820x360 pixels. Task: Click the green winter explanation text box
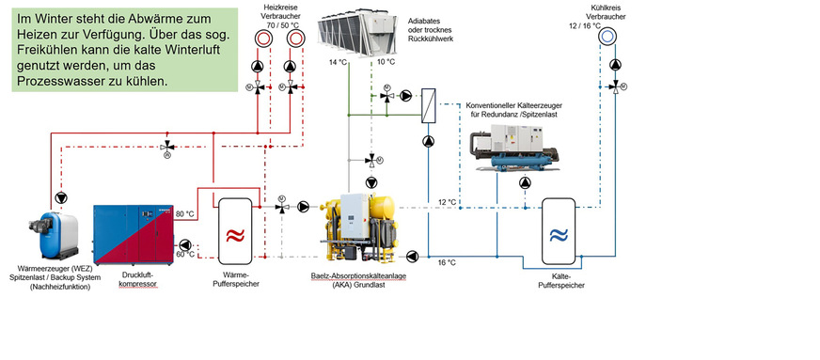(124, 50)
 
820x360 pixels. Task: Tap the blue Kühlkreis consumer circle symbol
(607, 36)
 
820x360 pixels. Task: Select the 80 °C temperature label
(184, 214)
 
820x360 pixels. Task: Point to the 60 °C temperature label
(184, 255)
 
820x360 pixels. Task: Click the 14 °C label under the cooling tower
(338, 62)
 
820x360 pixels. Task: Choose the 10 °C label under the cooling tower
(386, 62)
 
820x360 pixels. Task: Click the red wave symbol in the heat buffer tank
(235, 236)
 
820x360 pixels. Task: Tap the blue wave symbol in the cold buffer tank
(559, 236)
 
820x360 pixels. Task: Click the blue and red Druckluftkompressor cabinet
(134, 235)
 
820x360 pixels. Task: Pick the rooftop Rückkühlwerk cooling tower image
(357, 31)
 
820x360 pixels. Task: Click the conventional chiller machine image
(514, 148)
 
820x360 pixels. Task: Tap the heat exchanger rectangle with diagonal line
(429, 106)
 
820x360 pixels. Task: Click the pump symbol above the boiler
(61, 197)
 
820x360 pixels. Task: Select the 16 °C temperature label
(447, 262)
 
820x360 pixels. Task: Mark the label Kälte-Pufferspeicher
(561, 281)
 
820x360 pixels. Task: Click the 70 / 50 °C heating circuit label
(283, 24)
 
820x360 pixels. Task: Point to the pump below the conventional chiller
(525, 182)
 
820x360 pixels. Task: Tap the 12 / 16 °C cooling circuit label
(585, 25)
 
